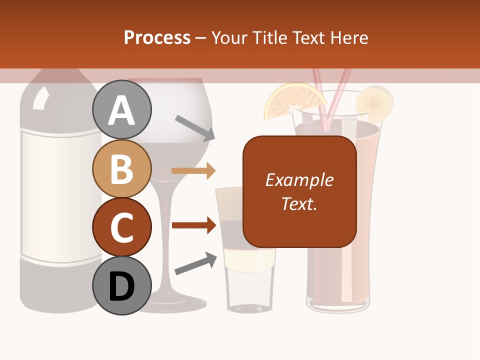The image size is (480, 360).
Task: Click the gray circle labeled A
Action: tap(121, 109)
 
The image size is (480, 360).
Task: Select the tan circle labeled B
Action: tap(121, 168)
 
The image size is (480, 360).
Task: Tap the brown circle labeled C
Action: tap(121, 227)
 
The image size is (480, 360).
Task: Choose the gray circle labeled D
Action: tap(121, 285)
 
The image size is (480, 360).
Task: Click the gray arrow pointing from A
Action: tap(195, 127)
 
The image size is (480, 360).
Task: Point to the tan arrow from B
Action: tap(193, 170)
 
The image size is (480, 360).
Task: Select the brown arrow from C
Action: tap(193, 225)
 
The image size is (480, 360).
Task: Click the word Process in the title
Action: tap(157, 37)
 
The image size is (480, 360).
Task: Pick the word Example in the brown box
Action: tap(299, 180)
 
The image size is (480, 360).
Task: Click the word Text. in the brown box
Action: tap(299, 203)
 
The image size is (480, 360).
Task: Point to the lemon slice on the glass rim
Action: tap(374, 103)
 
